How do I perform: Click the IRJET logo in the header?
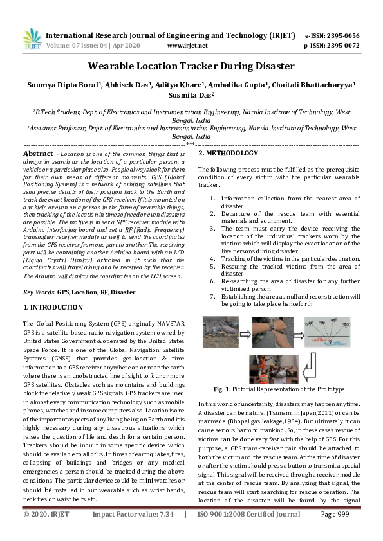tap(32, 39)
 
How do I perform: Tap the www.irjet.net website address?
tap(187, 46)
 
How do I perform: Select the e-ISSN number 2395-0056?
tap(341, 35)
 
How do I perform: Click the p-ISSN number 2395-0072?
tap(341, 46)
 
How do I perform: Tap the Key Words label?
tap(39, 292)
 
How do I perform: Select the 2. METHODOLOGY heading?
tap(228, 154)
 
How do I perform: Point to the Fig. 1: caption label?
tap(227, 389)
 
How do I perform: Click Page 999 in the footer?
tap(335, 533)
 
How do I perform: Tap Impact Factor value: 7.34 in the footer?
tap(133, 533)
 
